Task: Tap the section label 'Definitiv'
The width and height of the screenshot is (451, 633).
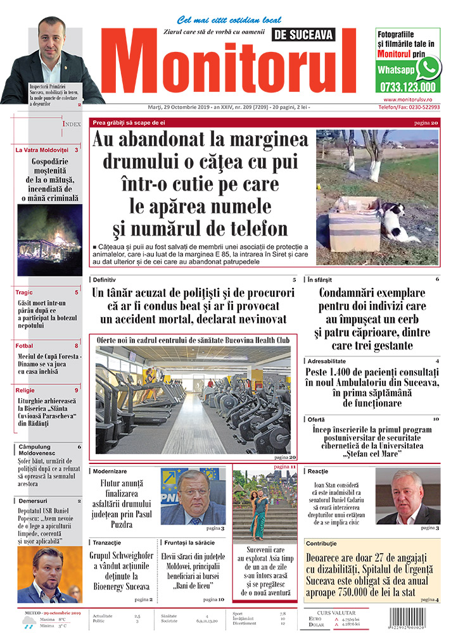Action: coord(105,279)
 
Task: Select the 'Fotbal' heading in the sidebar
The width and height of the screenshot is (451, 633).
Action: coord(25,346)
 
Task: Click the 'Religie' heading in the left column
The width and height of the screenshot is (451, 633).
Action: coord(26,390)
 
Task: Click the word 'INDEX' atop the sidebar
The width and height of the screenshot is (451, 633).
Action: coord(71,125)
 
